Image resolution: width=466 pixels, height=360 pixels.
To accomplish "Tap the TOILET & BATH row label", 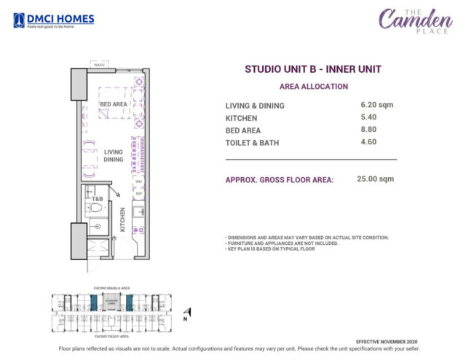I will [255, 143].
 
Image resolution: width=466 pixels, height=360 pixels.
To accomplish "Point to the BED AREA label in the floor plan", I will [114, 105].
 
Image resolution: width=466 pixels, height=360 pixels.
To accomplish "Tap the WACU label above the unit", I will [99, 66].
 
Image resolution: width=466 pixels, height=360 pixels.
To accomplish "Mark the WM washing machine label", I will [138, 179].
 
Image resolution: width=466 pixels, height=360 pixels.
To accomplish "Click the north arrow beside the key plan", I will [188, 312].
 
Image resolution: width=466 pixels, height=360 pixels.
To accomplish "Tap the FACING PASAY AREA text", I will [111, 337].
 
